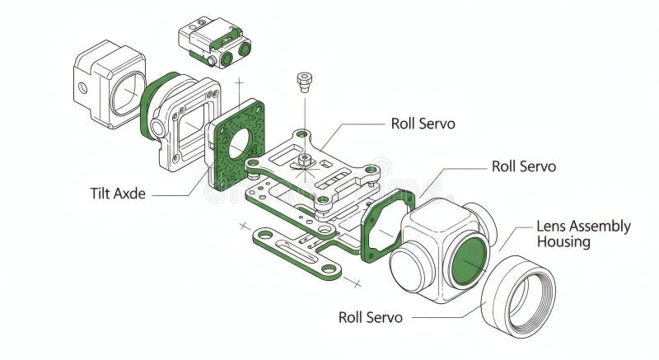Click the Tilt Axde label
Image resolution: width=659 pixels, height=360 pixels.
click(x=119, y=194)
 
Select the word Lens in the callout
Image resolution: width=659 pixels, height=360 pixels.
click(x=553, y=226)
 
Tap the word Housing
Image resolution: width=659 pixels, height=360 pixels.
click(x=563, y=242)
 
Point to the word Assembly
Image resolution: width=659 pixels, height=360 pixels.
click(x=601, y=226)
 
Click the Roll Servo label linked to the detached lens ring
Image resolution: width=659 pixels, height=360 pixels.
click(x=371, y=317)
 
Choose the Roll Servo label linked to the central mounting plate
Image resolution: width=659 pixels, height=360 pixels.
click(x=423, y=124)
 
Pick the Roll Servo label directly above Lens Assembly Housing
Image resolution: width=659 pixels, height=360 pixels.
click(x=523, y=166)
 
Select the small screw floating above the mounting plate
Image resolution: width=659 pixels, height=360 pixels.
click(x=305, y=82)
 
